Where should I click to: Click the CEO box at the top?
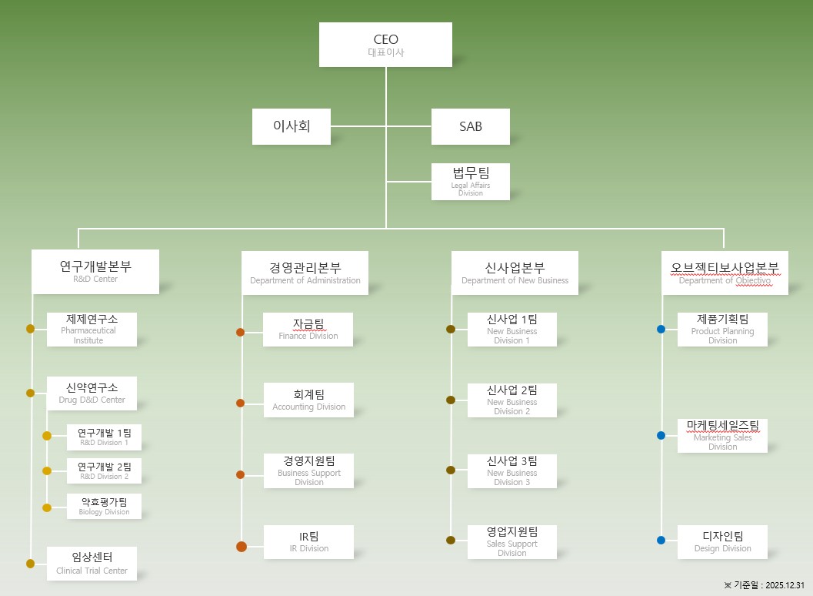click(385, 44)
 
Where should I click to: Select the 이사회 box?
click(292, 126)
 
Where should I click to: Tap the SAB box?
click(470, 126)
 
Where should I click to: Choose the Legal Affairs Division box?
click(470, 181)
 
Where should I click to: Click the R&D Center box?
click(95, 271)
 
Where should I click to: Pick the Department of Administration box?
click(305, 273)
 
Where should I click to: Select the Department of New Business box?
click(515, 273)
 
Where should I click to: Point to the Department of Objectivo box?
click(725, 273)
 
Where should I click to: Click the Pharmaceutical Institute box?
click(92, 329)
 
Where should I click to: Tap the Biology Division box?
click(104, 506)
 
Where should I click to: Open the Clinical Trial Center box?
click(92, 563)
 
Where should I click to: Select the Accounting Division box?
click(308, 400)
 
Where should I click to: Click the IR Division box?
click(308, 541)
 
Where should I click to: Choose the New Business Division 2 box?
click(511, 400)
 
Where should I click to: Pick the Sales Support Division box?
click(511, 541)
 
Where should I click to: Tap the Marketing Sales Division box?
click(722, 435)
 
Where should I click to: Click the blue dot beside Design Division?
click(661, 540)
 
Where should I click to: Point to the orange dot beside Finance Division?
click(240, 332)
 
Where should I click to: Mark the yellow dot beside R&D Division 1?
click(47, 436)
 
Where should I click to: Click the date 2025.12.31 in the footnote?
click(785, 585)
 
